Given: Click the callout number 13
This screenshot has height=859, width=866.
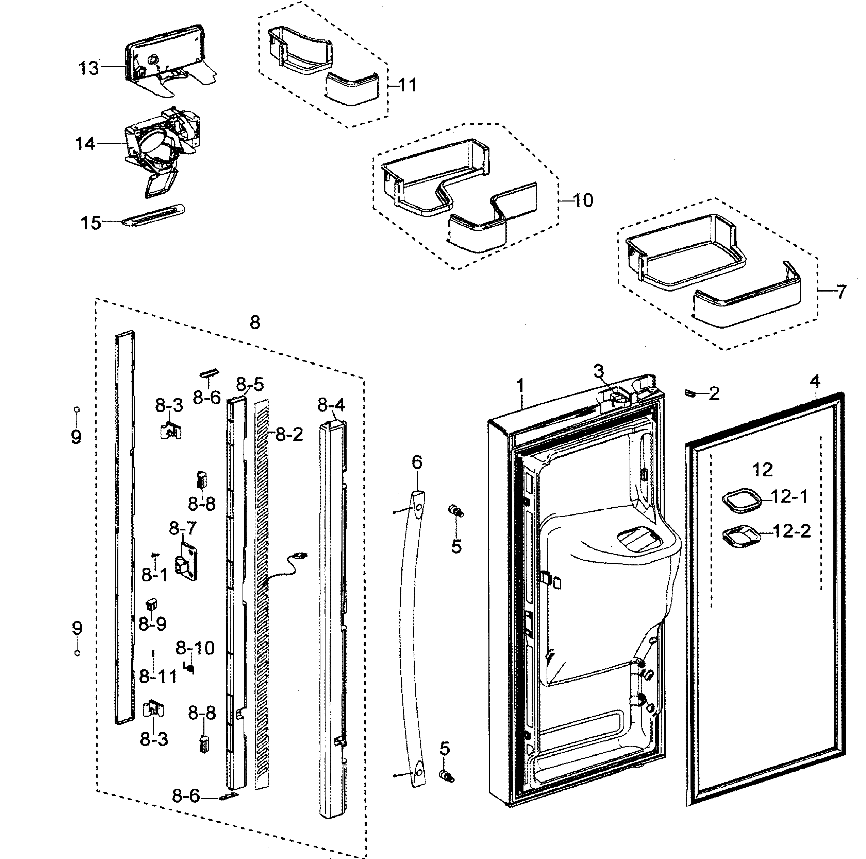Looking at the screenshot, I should tap(89, 69).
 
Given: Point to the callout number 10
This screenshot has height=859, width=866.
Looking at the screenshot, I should tap(583, 200).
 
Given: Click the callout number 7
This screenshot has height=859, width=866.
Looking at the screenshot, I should tap(842, 292).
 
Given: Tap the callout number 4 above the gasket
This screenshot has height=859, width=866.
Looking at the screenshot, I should tap(815, 381).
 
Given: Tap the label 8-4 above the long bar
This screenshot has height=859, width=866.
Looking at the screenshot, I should tap(331, 405).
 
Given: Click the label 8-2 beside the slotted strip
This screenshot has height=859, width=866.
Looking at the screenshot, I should tap(289, 434).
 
